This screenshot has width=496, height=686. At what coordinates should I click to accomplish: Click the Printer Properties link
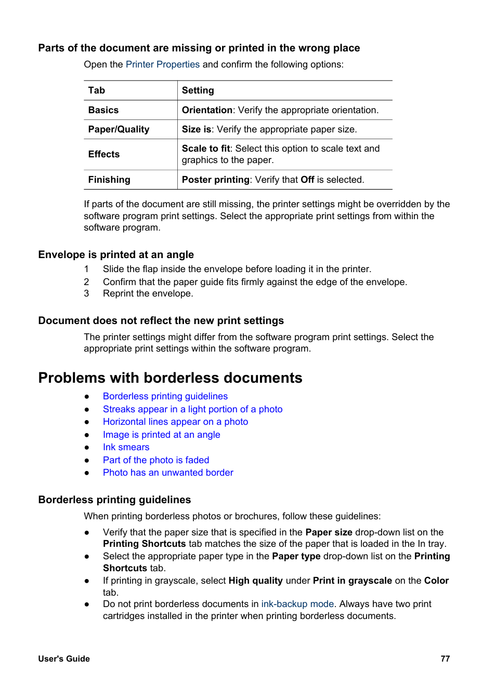click(162, 64)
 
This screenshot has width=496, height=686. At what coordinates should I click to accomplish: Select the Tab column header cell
click(97, 90)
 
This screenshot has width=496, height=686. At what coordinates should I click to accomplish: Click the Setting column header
click(198, 90)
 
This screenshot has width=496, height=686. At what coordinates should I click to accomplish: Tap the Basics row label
click(103, 110)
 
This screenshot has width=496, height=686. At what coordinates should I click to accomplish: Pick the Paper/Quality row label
click(119, 129)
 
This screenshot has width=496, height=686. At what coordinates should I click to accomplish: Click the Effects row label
click(104, 154)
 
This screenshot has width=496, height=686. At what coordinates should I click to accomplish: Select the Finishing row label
click(109, 180)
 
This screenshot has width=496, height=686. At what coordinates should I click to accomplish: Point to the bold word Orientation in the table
click(207, 110)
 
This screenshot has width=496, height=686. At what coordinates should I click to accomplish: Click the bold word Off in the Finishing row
click(307, 180)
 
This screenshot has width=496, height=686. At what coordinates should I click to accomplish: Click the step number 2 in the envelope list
click(86, 282)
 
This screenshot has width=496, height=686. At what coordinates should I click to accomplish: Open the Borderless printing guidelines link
click(165, 396)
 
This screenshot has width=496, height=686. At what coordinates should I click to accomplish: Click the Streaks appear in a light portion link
click(192, 409)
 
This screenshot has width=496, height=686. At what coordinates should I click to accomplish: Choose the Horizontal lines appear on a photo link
click(175, 422)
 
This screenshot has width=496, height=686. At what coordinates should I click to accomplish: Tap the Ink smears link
click(126, 447)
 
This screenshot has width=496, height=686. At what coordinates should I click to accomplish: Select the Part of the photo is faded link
click(156, 460)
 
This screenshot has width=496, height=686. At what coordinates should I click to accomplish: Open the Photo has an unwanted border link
click(168, 473)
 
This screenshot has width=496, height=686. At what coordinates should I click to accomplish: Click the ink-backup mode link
click(297, 604)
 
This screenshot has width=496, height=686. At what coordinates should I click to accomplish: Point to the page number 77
click(445, 658)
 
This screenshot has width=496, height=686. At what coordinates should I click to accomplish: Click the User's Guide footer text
click(64, 658)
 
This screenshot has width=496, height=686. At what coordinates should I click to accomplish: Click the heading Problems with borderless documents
click(170, 378)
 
